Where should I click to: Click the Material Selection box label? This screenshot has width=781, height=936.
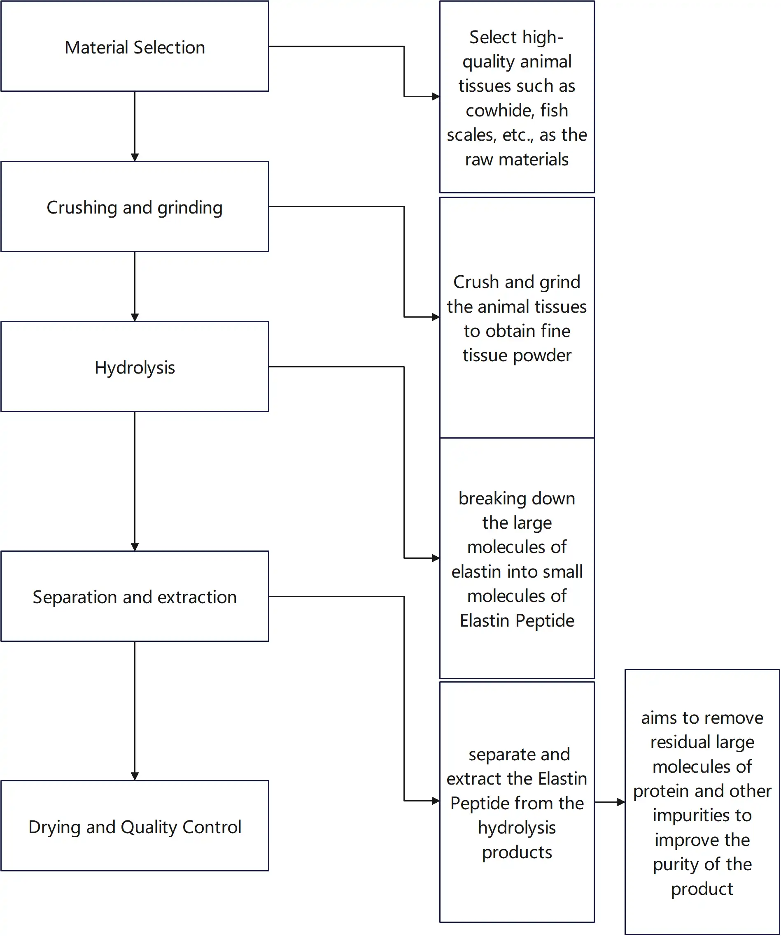pos(135,47)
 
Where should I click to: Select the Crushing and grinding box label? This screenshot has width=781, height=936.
pos(135,208)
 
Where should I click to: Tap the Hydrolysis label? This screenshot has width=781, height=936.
pos(135,368)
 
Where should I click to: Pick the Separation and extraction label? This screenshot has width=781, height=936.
pos(135,597)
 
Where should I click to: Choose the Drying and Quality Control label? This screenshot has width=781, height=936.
pos(135,827)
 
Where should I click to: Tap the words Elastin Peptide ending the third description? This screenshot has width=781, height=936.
pos(517,621)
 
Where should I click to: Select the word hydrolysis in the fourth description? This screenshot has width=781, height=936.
pos(517,828)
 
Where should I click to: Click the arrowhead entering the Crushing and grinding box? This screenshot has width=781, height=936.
pos(135,157)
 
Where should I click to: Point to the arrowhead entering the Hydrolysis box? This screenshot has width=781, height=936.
pos(135,317)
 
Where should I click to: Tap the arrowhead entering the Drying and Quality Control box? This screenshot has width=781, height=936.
pos(135,776)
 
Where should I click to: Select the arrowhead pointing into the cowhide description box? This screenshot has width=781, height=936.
pos(436,96)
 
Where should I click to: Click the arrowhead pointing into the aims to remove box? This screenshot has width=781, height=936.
pos(621,802)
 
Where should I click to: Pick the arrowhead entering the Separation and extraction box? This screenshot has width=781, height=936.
pos(135,547)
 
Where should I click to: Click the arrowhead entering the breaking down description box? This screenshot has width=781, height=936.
pos(436,558)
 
